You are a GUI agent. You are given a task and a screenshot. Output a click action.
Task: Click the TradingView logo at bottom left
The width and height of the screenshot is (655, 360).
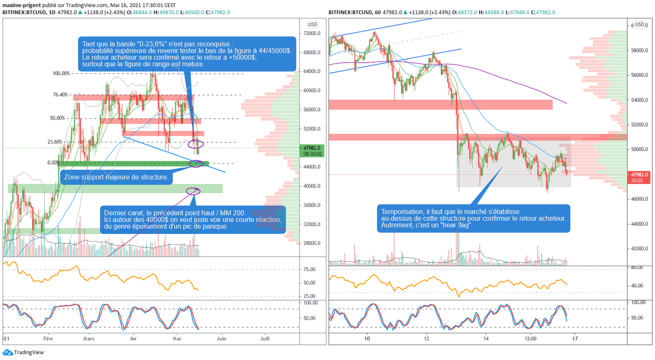23,352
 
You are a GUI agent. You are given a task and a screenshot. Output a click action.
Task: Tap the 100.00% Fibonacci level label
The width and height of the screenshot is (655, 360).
61,73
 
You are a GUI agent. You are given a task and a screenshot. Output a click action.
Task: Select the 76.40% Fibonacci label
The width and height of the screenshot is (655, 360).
60,95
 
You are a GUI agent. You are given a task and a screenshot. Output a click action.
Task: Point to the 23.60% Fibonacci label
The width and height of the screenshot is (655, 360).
55,142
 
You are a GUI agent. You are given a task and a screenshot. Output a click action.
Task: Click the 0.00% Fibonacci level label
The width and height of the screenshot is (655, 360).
53,163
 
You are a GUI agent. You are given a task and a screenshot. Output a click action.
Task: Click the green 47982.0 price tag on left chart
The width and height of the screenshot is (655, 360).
312,151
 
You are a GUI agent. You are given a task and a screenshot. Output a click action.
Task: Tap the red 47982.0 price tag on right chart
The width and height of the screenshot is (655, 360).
639,178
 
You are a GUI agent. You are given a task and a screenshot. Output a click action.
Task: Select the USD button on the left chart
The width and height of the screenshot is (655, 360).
313,25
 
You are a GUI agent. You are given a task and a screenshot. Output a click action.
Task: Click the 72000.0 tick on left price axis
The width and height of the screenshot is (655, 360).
312,33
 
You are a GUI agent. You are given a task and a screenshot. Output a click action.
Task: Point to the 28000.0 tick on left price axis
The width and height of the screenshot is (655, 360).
312,243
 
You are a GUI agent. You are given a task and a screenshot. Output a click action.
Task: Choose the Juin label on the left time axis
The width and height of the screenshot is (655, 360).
222,339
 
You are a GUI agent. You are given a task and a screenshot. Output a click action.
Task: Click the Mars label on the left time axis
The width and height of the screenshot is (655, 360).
88,339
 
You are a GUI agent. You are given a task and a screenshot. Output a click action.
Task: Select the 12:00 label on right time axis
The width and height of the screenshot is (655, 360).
531,339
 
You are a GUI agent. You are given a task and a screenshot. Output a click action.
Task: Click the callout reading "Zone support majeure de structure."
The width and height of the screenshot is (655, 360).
116,177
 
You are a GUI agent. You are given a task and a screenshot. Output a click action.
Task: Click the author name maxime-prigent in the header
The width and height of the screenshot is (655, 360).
22,5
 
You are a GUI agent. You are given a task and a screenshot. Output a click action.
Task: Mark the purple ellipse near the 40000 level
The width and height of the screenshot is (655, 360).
193,191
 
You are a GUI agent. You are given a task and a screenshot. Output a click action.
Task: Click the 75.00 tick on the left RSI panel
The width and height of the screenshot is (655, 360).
309,269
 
